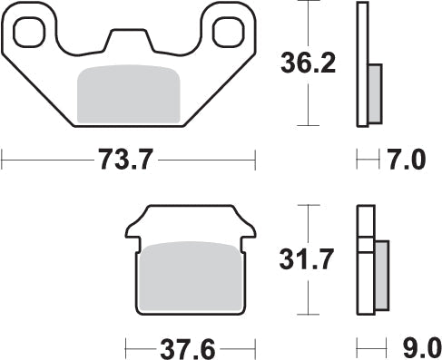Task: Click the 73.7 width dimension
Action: (x=125, y=159)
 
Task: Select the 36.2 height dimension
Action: (x=308, y=63)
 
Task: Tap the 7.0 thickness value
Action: (x=407, y=159)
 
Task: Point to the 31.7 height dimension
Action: (x=307, y=258)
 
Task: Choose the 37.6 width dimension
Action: (x=188, y=349)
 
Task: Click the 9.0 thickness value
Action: (x=422, y=349)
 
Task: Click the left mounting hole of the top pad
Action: (x=29, y=33)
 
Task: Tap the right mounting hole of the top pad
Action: (x=229, y=33)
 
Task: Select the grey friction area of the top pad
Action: (x=129, y=94)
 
